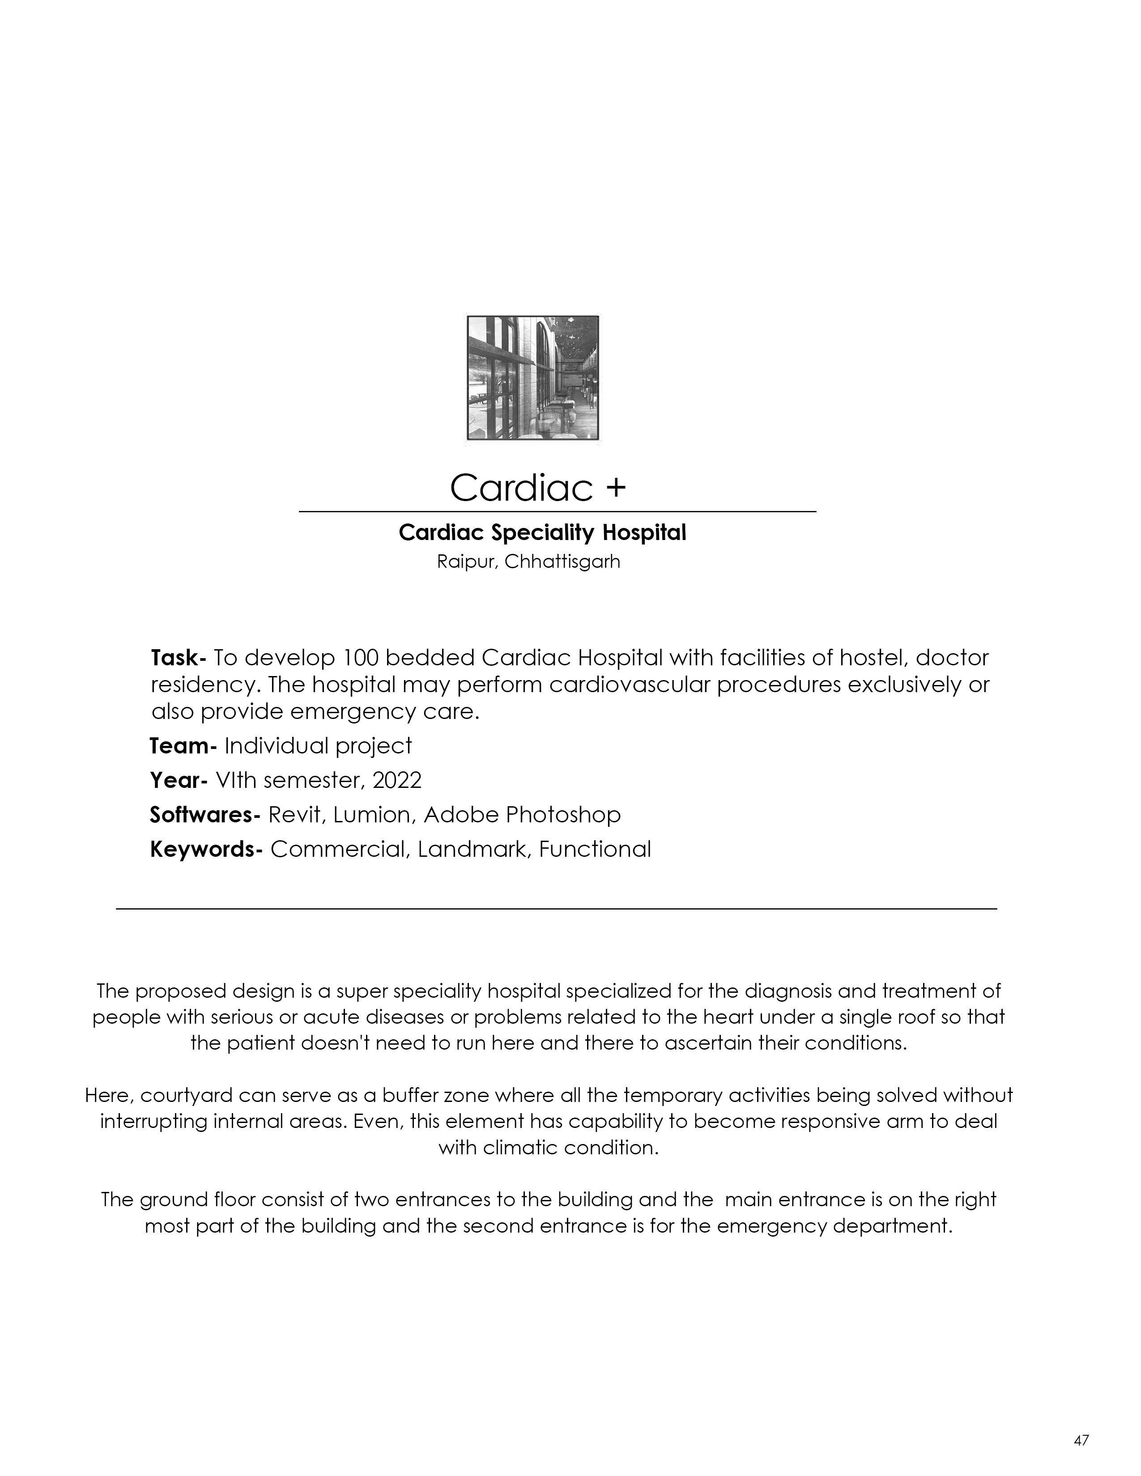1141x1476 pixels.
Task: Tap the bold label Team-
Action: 183,746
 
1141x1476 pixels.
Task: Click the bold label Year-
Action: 178,781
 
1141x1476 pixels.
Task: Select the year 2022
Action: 397,781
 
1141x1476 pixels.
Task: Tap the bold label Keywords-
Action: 205,850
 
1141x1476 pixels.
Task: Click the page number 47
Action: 1081,1440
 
